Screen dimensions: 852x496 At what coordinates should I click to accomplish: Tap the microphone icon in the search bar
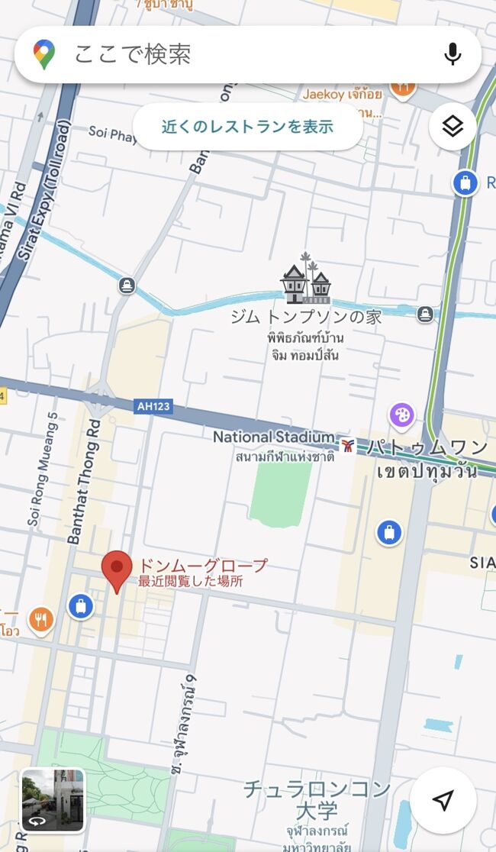pyautogui.click(x=453, y=54)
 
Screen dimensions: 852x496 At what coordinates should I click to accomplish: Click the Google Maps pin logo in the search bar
pyautogui.click(x=44, y=54)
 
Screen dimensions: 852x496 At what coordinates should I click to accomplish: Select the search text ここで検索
pyautogui.click(x=132, y=54)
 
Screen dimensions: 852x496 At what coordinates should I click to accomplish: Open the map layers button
pyautogui.click(x=453, y=127)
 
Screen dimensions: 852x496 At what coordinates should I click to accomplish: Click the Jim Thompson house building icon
pyautogui.click(x=305, y=283)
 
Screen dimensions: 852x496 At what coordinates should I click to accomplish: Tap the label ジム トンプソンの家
pyautogui.click(x=305, y=317)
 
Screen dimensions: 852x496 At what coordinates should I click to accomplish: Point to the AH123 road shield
pyautogui.click(x=154, y=406)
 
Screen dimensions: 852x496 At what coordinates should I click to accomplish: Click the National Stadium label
pyautogui.click(x=273, y=437)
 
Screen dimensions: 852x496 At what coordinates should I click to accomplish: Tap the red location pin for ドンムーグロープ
pyautogui.click(x=116, y=570)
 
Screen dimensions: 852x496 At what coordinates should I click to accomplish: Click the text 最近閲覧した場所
pyautogui.click(x=190, y=581)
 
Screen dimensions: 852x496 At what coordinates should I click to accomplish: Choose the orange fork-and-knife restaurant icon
pyautogui.click(x=41, y=620)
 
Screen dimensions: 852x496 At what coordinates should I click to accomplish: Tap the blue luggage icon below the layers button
pyautogui.click(x=464, y=183)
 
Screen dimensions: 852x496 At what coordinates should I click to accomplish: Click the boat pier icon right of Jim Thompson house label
pyautogui.click(x=425, y=314)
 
